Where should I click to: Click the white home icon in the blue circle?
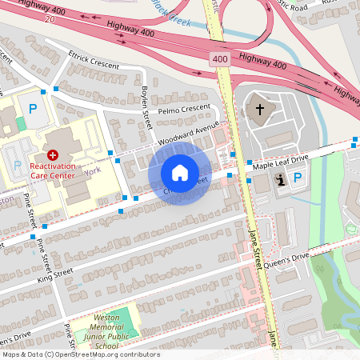180,173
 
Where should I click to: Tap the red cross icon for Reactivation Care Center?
53,154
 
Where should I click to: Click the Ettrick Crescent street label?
94,60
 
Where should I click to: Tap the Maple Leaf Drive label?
280,161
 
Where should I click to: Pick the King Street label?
55,276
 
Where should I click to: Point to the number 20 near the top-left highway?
50,18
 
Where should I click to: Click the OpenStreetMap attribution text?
81,354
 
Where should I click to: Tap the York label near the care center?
90,170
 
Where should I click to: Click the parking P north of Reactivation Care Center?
33,109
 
